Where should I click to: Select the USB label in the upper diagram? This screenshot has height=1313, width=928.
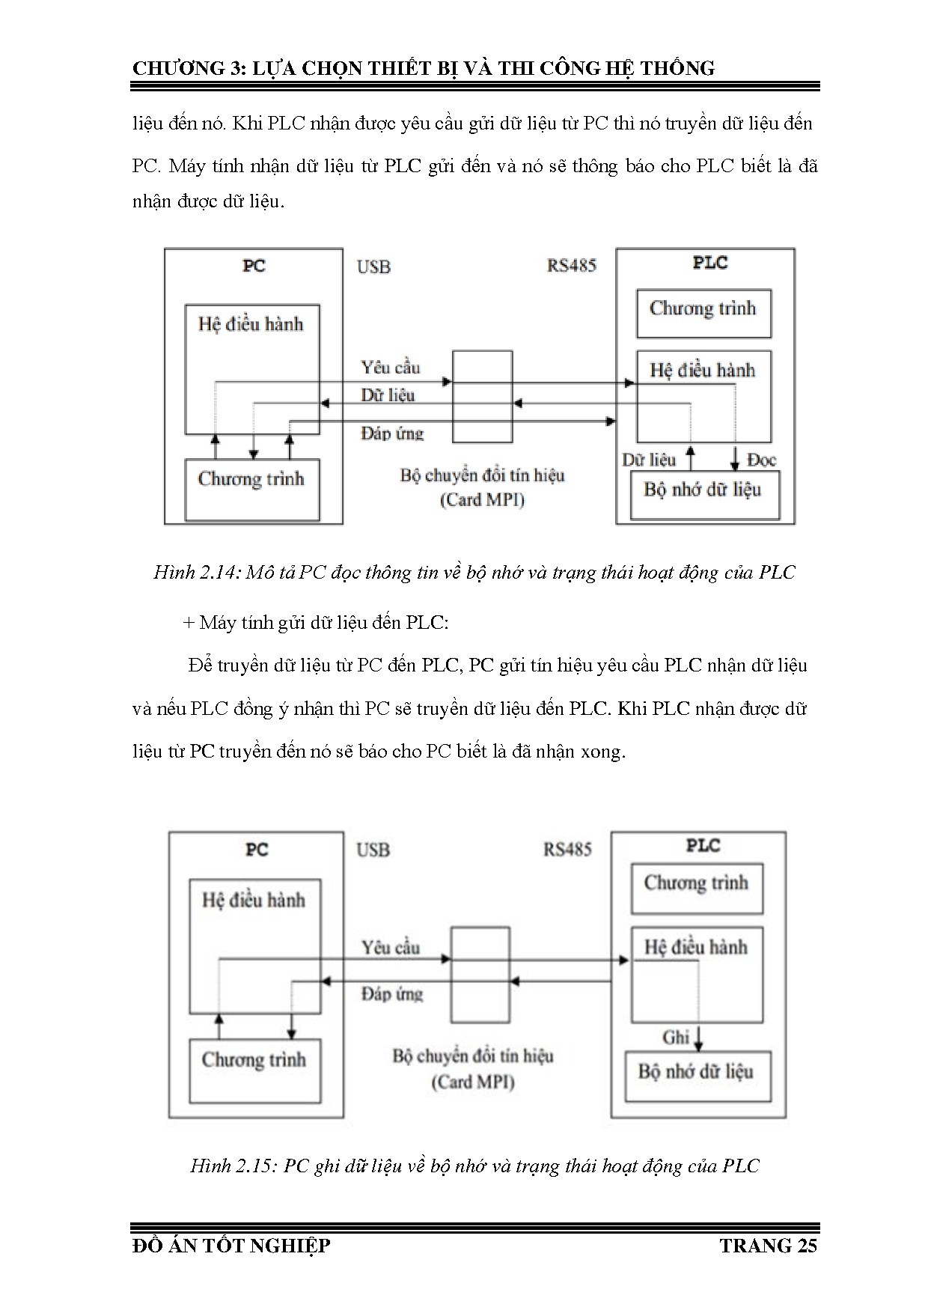point(373,267)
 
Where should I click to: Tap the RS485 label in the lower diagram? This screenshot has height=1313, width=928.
point(567,850)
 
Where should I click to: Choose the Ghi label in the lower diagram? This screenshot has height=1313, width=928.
point(676,1038)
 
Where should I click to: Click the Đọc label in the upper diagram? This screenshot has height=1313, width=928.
point(762,460)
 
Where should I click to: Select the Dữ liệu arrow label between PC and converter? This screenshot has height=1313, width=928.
point(388,395)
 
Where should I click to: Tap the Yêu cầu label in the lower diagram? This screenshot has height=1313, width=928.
point(391,948)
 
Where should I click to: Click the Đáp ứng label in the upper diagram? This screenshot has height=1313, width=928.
point(392,433)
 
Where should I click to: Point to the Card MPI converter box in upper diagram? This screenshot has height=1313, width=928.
point(483,396)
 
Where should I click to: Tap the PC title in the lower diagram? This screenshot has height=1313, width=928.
point(257,850)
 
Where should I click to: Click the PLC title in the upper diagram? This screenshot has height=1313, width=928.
point(709,263)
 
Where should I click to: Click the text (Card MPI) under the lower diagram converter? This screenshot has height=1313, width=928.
point(473,1082)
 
